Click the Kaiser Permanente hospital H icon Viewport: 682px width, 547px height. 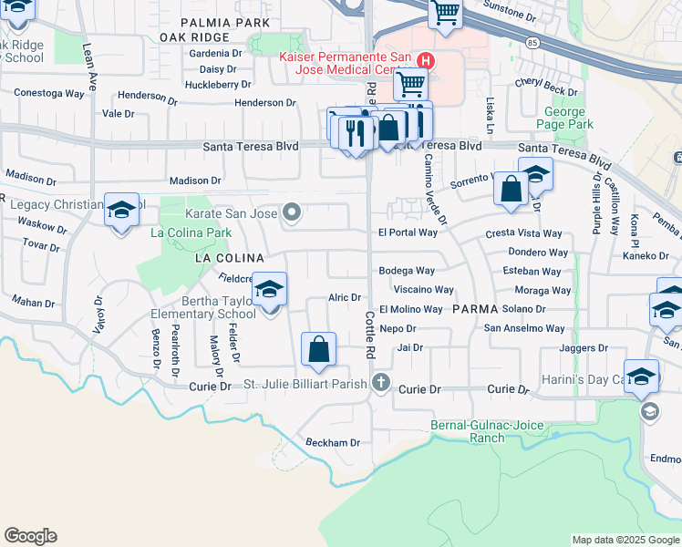(x=424, y=61)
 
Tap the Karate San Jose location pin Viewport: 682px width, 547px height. (x=292, y=213)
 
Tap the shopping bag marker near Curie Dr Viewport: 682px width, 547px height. (x=318, y=349)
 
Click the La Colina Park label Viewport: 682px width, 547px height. (x=191, y=233)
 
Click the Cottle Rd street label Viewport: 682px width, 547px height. (x=370, y=335)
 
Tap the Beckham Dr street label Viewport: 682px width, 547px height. (x=333, y=442)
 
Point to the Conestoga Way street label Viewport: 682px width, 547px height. (x=49, y=93)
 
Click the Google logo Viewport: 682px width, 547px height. (x=30, y=536)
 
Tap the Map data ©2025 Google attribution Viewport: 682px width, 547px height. (x=625, y=540)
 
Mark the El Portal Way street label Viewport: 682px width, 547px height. (x=408, y=232)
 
